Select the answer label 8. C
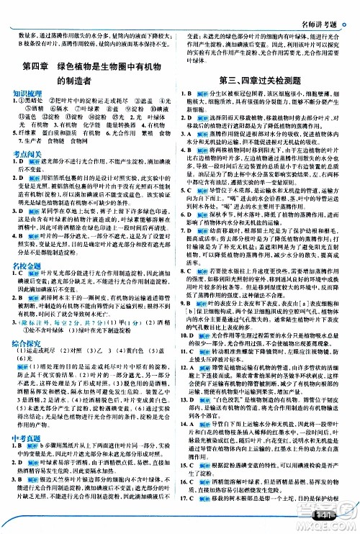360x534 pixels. pyautogui.click(x=188, y=266)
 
